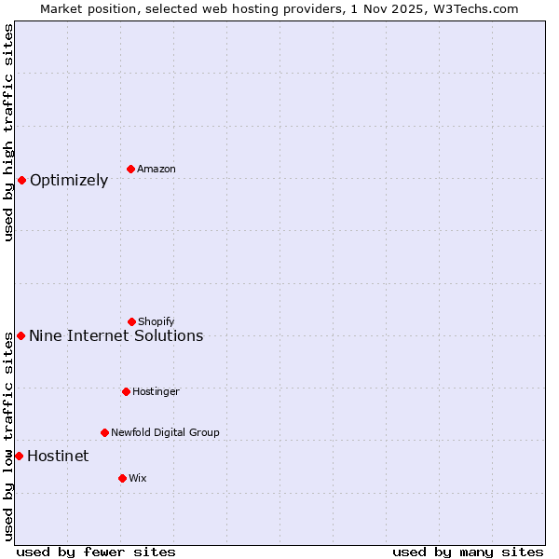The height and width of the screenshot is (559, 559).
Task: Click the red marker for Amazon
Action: (131, 169)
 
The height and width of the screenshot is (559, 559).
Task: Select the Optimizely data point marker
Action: (21, 180)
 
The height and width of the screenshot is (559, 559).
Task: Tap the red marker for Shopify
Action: (131, 321)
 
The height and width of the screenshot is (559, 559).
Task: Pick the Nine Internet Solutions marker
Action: (20, 335)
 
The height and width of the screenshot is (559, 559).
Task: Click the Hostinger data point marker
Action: (126, 391)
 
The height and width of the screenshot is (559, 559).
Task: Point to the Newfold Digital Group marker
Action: (104, 432)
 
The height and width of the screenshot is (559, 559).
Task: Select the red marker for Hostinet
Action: (19, 456)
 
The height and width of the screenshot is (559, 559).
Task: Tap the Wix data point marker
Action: (122, 478)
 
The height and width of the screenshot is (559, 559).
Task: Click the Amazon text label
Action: (157, 169)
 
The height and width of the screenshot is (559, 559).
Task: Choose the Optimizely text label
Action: (69, 180)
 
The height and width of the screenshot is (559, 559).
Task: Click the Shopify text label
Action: (157, 321)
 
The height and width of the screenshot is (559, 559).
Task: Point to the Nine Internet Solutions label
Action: (116, 335)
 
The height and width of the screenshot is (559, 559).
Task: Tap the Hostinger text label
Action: (156, 391)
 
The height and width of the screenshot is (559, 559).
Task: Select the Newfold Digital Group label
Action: (165, 432)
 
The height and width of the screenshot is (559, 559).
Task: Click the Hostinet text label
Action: (58, 456)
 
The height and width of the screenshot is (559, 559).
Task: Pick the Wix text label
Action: (138, 478)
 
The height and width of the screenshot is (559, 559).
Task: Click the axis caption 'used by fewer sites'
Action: (96, 552)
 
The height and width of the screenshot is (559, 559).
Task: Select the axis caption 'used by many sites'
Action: (468, 552)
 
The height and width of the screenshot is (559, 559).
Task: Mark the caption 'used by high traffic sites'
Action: (8, 132)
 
